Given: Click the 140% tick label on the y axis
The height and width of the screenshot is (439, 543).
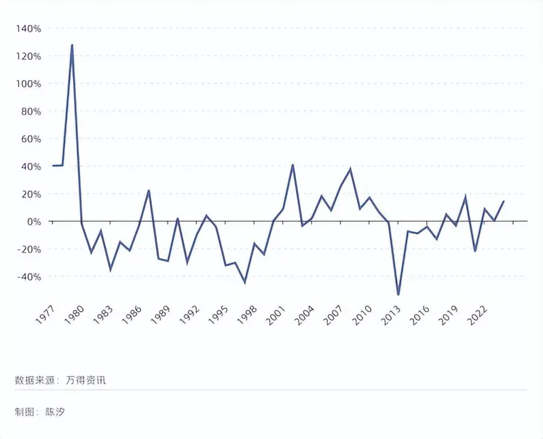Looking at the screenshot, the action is coord(29,28).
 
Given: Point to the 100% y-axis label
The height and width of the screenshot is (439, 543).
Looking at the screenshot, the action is coord(29,83).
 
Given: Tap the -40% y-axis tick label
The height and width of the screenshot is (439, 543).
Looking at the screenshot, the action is coord(29,277).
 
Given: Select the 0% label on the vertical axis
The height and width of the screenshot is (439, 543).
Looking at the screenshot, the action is coord(34,222).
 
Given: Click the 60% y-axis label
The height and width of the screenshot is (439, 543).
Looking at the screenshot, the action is coord(31,139).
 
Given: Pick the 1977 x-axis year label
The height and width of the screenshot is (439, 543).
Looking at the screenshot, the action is coord(45,315).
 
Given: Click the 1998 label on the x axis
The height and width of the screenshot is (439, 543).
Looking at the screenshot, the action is coord(246,315).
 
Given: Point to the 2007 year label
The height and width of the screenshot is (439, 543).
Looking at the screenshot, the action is coord(333,315).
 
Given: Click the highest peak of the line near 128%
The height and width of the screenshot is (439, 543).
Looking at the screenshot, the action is coord(72,45).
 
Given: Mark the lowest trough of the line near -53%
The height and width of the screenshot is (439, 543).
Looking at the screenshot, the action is coord(398,294).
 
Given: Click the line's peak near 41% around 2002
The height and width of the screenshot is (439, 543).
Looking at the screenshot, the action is coord(293,165).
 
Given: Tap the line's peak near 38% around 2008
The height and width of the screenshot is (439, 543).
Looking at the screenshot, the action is coord(350,169).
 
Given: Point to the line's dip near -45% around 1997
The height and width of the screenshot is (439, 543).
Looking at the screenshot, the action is coord(245,283).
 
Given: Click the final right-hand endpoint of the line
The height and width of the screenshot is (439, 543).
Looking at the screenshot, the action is coord(504,201).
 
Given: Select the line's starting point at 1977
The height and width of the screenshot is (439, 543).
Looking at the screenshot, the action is coord(53,166).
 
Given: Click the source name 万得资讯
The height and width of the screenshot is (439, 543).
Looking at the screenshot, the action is coord(86,380).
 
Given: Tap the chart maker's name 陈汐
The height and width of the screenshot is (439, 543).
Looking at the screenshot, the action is coord(55,412).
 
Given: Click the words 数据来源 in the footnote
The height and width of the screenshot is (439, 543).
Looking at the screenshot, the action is coord(35,380).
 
